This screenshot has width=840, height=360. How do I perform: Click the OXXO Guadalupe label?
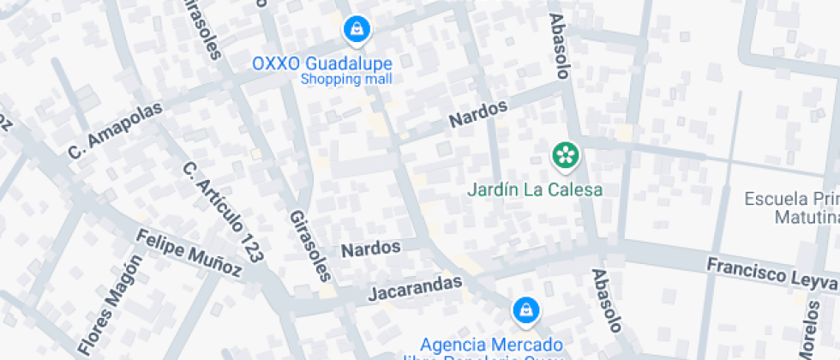pos(322,63)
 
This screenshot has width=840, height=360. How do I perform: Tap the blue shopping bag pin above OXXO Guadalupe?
pos(355,30)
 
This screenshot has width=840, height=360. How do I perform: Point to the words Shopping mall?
pos(346,79)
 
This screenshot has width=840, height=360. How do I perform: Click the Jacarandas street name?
pos(416,287)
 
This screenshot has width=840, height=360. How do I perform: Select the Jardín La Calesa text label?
pos(535,189)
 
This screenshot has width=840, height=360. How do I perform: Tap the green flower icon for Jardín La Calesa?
pos(564,156)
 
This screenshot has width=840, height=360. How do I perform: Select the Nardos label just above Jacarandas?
pos(371,249)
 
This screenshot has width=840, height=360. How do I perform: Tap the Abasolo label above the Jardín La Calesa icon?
pos(559,46)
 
